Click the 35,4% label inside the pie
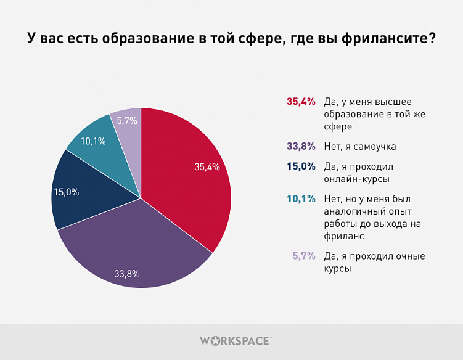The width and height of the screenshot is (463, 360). coord(207,166)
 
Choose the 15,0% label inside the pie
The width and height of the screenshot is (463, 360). coord(67,192)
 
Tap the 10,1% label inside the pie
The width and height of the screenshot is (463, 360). coord(93,141)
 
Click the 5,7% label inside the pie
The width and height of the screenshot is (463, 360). coord(126,121)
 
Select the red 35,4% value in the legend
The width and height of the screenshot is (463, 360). coord(301,101)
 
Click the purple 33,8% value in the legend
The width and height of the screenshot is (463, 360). coord(301,147)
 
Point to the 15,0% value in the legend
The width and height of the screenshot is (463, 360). coord(301,166)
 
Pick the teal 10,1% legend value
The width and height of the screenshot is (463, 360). coord(301,198)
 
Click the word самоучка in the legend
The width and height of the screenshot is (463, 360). coord(375,147)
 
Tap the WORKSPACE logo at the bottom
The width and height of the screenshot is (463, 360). coord(235,340)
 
